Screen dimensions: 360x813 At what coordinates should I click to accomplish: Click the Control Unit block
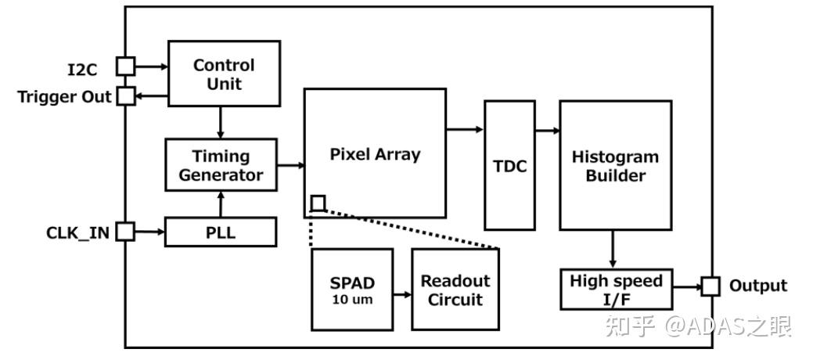224,74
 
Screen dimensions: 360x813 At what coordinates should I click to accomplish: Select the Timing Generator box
221,165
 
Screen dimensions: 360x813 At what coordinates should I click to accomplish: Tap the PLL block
221,232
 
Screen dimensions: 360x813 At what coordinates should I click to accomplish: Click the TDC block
509,166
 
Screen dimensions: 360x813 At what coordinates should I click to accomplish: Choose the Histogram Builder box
615,166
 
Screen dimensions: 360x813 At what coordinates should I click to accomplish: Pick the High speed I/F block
616,289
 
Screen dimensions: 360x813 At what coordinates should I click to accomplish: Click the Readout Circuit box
455,290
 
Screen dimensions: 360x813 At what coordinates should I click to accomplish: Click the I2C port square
125,67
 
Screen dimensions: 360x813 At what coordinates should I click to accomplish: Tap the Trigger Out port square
125,96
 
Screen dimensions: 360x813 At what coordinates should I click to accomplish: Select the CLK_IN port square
125,232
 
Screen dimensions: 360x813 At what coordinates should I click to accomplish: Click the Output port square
710,286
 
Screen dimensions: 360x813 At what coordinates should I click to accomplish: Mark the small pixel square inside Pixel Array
318,203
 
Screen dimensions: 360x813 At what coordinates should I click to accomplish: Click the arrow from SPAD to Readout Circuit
403,295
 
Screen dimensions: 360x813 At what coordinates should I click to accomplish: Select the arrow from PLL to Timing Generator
221,205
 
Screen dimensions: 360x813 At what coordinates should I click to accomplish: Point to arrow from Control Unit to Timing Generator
221,122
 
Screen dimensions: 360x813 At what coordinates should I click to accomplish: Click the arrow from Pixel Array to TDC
465,129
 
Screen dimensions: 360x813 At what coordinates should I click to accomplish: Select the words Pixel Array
375,154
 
